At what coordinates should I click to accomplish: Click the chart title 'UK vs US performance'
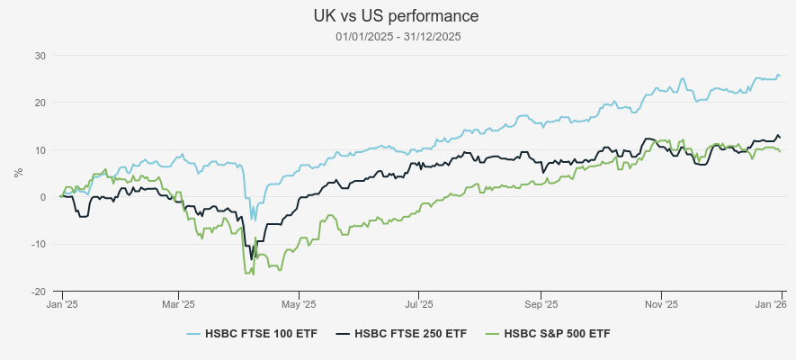tap(397, 16)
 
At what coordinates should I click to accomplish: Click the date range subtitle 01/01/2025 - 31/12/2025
tap(397, 36)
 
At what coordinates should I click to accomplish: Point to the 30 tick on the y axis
tap(40, 56)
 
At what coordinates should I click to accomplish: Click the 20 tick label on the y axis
tap(40, 103)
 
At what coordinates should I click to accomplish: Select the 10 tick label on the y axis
tap(40, 149)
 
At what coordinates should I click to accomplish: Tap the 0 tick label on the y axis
tap(42, 197)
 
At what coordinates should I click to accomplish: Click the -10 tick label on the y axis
tap(38, 244)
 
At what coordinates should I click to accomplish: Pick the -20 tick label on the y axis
tap(38, 292)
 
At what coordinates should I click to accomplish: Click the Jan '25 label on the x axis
tap(62, 305)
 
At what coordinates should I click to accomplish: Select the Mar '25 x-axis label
tap(178, 305)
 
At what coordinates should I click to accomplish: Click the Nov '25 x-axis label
tap(660, 305)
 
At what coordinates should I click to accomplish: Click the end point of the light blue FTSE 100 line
tap(780, 76)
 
